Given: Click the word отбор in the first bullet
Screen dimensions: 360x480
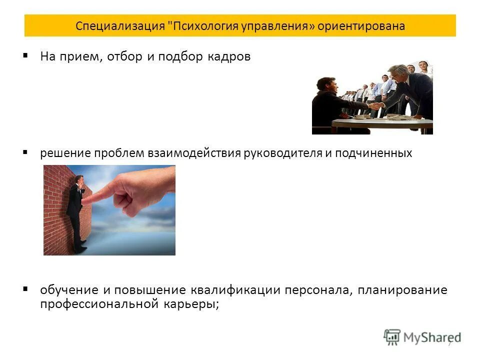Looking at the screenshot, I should [x=124, y=56].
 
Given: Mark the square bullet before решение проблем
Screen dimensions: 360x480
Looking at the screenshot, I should [x=25, y=151].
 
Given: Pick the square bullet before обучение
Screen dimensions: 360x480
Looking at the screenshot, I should [x=25, y=288].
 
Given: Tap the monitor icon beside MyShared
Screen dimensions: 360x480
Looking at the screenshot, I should [x=392, y=336].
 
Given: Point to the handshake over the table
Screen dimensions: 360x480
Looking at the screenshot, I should [x=374, y=105].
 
